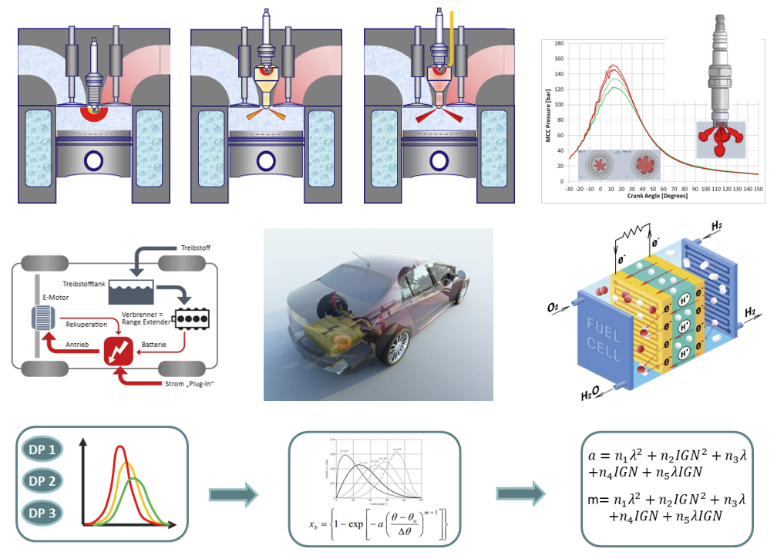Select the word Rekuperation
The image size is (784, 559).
point(86,325)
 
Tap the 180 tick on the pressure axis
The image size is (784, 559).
point(560,43)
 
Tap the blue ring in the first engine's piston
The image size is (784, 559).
point(94,161)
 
